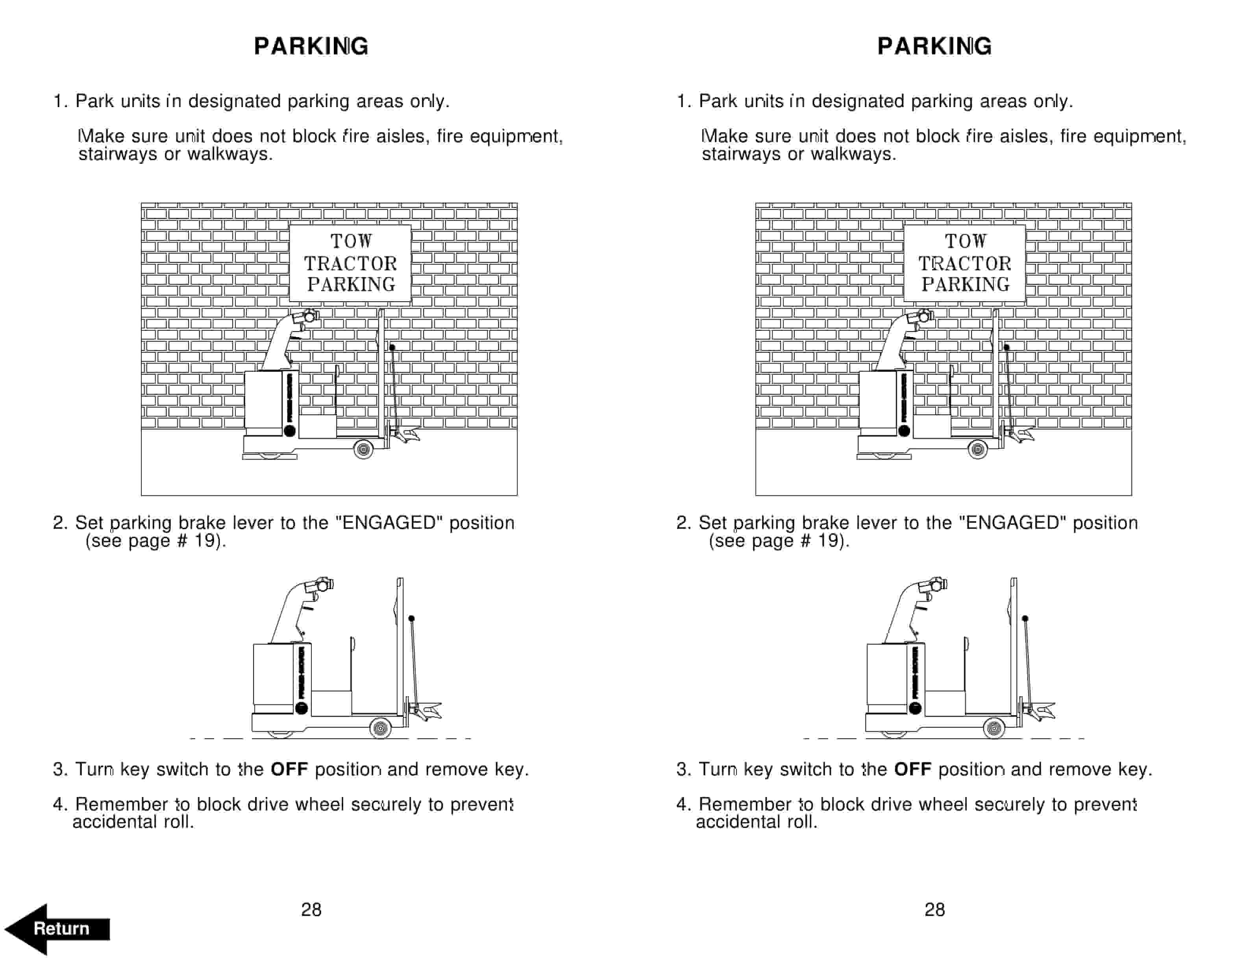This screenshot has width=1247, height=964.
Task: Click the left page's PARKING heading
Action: coord(311,46)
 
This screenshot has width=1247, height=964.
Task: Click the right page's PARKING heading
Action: coord(935,46)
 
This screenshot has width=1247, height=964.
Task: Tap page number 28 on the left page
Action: coord(311,909)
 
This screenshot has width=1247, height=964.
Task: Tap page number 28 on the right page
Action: coord(935,909)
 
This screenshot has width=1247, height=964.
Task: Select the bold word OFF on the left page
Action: coord(289,769)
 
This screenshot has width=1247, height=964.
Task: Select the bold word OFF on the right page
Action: coord(912,769)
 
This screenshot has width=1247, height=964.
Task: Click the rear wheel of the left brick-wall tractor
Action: coord(364,449)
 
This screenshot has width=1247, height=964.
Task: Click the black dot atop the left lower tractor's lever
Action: coord(411,619)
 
